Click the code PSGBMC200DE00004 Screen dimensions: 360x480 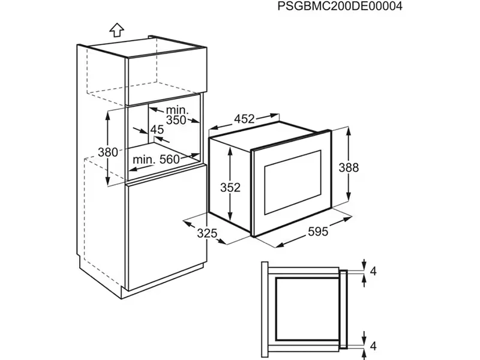340,7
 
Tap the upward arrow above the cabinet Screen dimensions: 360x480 117,29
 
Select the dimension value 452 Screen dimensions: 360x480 244,119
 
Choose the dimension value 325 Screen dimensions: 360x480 207,233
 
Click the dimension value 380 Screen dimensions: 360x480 108,152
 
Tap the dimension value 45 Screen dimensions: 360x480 157,130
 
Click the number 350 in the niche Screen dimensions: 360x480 176,120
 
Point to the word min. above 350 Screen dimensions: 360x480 178,110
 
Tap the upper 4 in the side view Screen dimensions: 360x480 373,271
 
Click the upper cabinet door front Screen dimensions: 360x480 165,72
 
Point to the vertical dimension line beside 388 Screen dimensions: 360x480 349,167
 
